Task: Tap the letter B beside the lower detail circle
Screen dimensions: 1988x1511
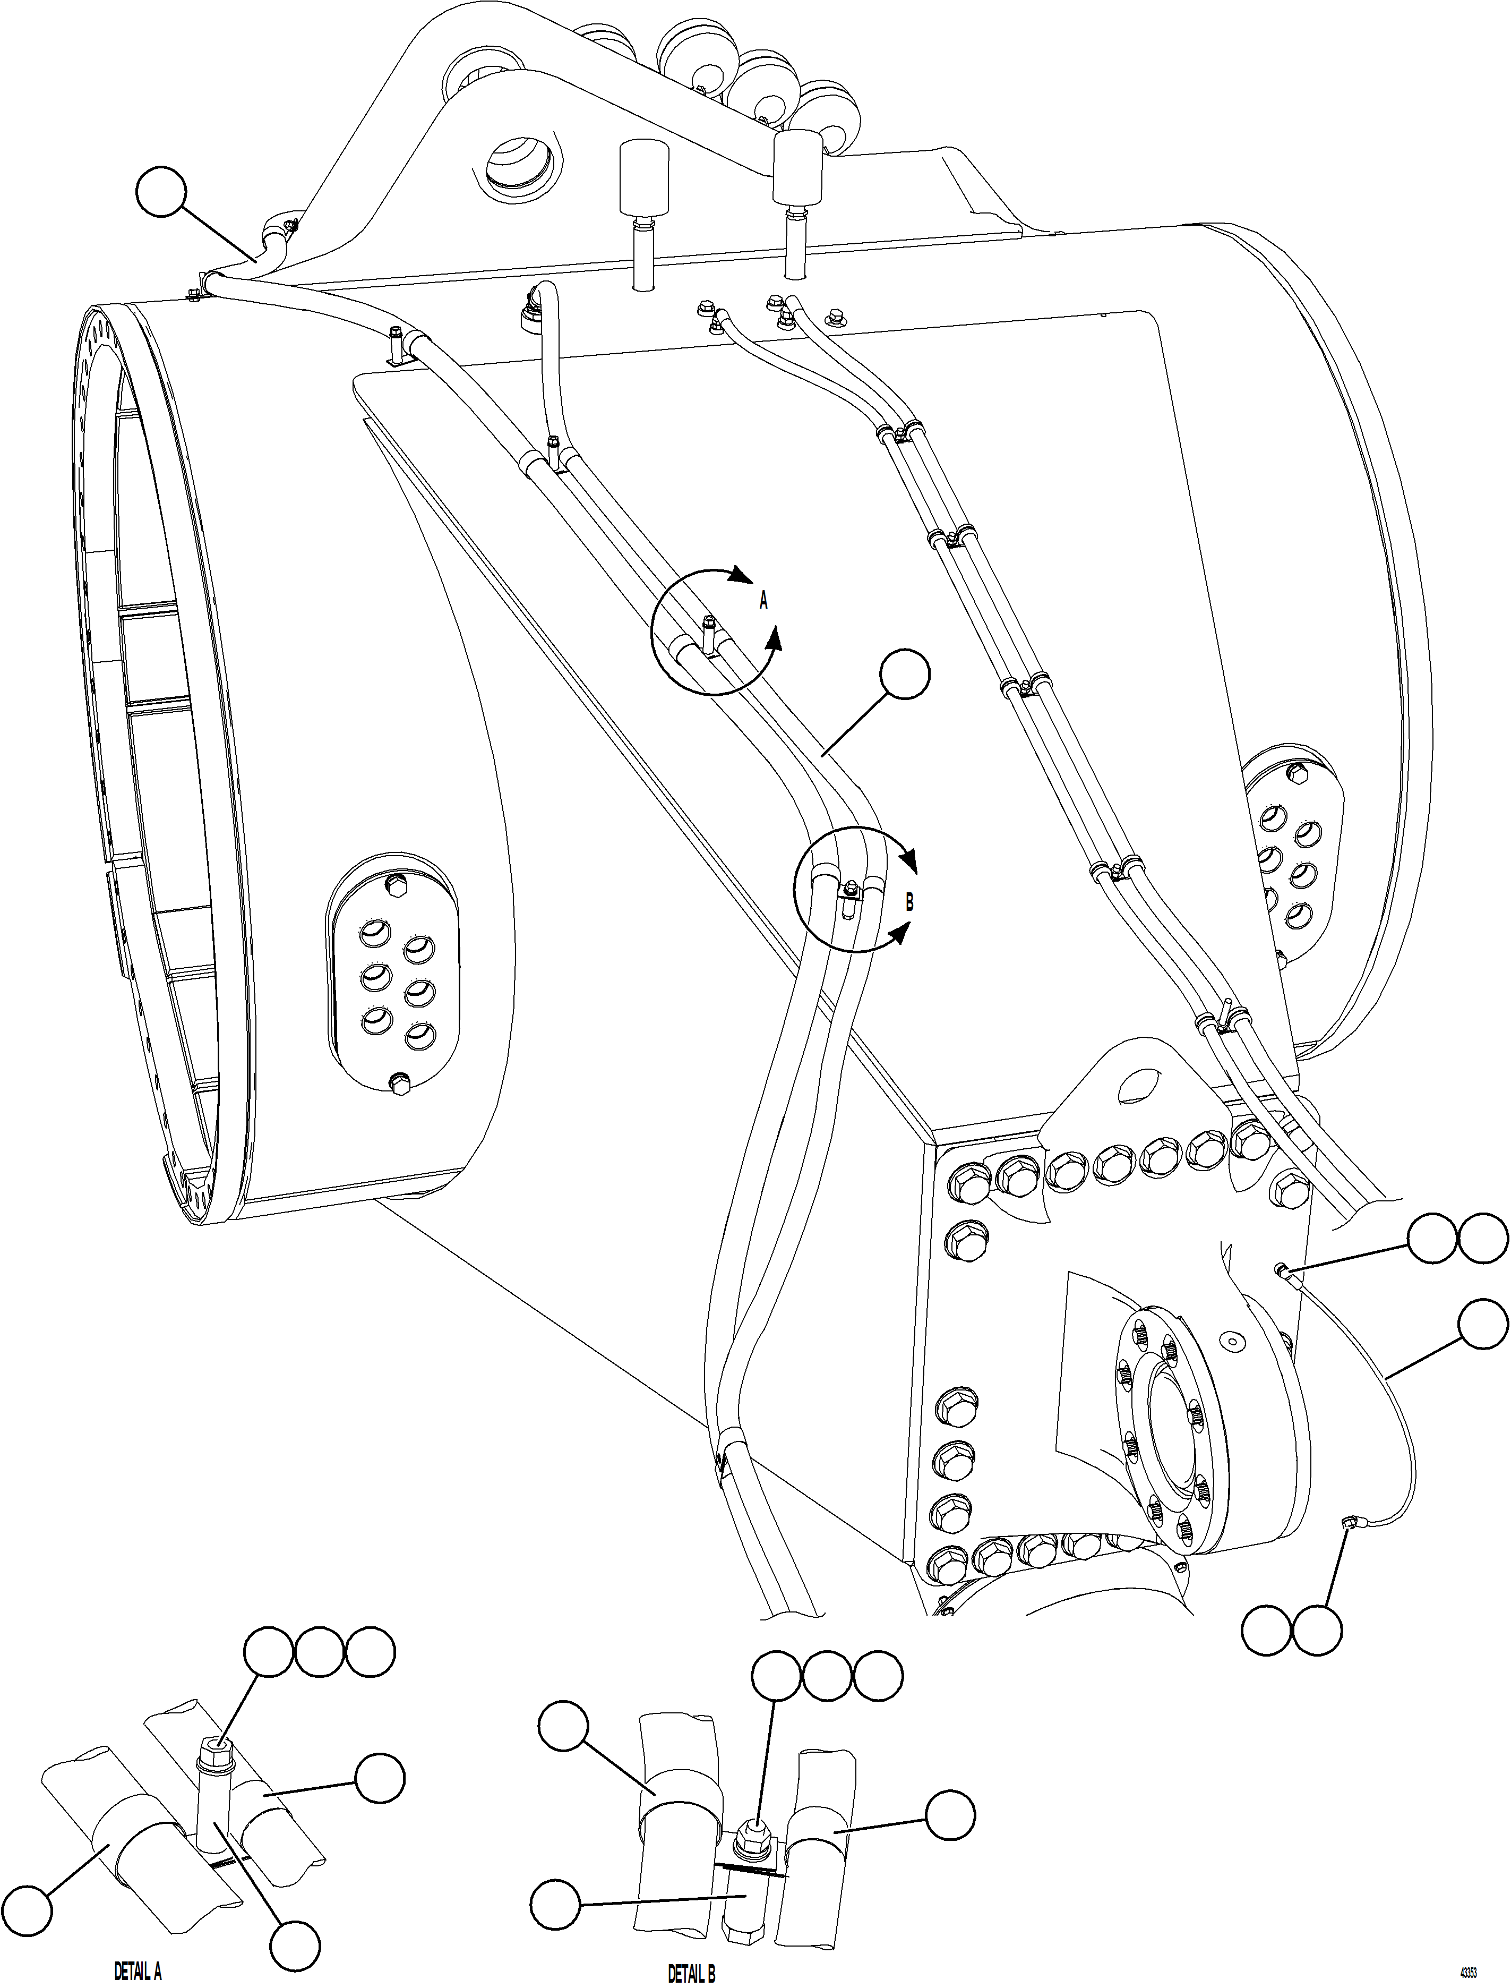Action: click(x=909, y=903)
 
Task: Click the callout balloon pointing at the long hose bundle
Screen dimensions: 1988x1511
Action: click(x=905, y=676)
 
